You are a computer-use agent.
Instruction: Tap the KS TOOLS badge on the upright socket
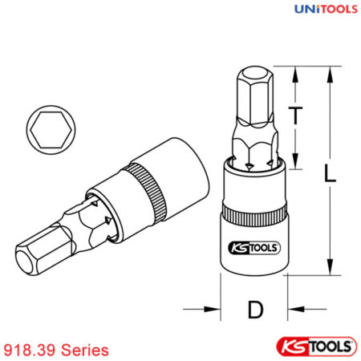click(x=250, y=248)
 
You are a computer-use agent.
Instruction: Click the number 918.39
click(x=30, y=350)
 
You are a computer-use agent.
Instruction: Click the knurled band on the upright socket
click(x=253, y=215)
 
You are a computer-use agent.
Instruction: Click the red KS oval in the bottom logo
click(x=293, y=346)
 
